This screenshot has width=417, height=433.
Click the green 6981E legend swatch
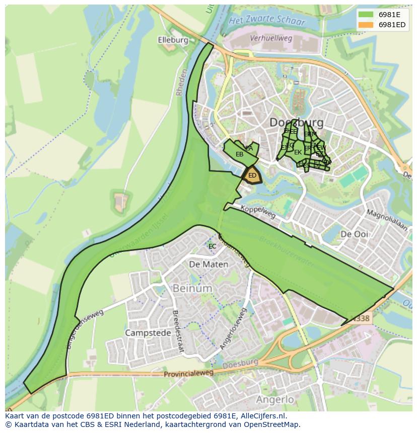coord(366,15)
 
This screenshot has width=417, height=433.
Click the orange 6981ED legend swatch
coord(366,25)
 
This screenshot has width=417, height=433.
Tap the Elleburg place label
coord(173,40)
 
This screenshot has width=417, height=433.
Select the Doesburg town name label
coord(296,122)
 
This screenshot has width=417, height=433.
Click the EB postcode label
coord(239,154)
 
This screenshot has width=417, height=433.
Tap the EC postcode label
coord(212,246)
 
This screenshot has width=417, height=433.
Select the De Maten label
coord(208,264)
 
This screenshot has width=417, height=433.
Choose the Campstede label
coord(147,333)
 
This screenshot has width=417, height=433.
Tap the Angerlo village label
coord(274,399)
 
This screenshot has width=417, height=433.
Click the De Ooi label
coord(354,234)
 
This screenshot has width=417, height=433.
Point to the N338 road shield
coord(361,318)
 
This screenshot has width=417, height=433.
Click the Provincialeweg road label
coord(188,374)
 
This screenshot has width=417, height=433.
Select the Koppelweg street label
coord(258,212)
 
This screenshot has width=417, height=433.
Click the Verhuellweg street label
coord(271,38)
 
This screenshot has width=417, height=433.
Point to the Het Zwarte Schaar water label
coord(267,21)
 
